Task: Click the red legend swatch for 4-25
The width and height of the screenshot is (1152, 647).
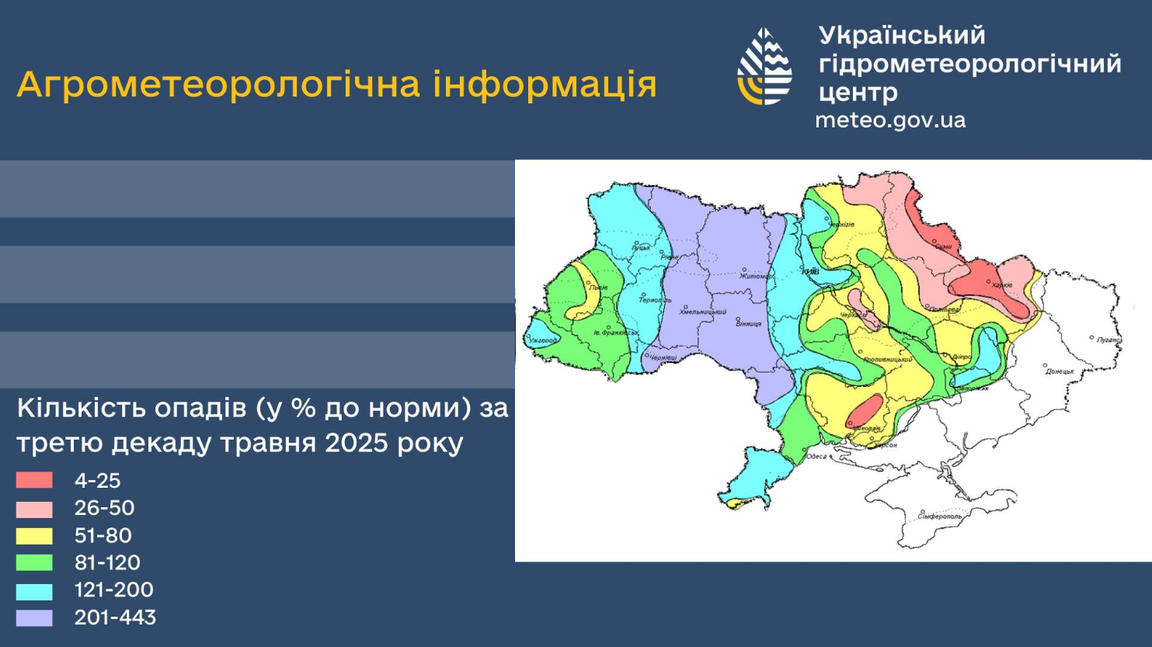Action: point(34,481)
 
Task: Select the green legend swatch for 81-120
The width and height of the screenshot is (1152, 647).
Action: point(34,563)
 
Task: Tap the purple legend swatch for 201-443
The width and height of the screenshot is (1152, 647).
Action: point(34,618)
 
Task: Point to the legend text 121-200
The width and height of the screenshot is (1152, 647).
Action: point(113,590)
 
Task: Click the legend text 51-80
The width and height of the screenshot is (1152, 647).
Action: point(103,536)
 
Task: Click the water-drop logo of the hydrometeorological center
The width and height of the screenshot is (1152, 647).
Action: point(764,67)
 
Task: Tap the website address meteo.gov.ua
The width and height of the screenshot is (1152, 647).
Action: point(890,120)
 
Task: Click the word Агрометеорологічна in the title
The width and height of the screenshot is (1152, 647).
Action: point(221,85)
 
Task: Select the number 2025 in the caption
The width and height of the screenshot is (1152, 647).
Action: point(358,443)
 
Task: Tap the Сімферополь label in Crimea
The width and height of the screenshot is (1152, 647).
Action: point(940,517)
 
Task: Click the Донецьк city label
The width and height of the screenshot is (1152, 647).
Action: point(1060,371)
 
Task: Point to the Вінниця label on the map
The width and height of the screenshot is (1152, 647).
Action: point(749,323)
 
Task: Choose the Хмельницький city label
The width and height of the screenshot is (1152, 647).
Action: point(703,312)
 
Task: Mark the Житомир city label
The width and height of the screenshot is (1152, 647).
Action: point(756,277)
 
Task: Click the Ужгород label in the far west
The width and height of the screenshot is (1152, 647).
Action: point(544,341)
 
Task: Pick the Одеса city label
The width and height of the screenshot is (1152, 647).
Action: point(816,456)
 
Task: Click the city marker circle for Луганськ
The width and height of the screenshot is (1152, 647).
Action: point(1092,338)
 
